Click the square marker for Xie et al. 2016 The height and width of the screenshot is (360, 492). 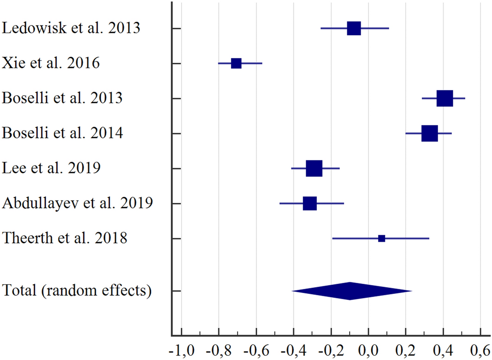point(236,63)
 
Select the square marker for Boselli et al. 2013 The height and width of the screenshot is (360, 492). point(444,98)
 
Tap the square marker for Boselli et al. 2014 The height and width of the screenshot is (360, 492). point(430,134)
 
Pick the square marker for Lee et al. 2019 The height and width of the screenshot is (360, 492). point(314,169)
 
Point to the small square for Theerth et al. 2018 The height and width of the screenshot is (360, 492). point(381,238)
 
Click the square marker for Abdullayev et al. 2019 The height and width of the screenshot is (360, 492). point(310,203)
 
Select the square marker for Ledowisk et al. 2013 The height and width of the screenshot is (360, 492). point(354,28)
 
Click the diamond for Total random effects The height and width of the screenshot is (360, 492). point(350,291)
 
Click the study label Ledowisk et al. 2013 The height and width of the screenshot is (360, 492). point(71,28)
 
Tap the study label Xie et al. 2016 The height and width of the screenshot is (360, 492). point(51,63)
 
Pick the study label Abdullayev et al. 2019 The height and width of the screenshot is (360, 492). point(78,203)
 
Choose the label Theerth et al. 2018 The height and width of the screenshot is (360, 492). point(65,238)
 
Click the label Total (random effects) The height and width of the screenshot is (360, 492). point(77,291)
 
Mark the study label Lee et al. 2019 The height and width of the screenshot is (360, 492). point(52,169)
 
